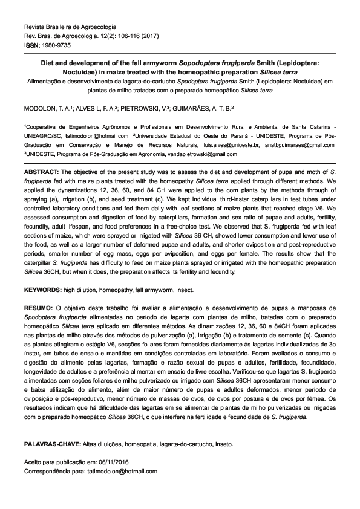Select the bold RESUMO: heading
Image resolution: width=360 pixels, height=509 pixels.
point(39,308)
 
